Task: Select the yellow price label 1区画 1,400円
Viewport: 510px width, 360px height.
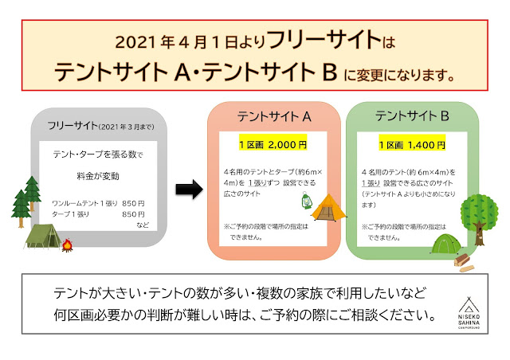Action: pyautogui.click(x=412, y=145)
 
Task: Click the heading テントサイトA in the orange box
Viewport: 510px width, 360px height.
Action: pyautogui.click(x=273, y=116)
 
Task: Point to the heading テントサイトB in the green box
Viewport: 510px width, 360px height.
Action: pyautogui.click(x=412, y=116)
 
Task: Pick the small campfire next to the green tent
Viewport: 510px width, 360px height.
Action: pyautogui.click(x=67, y=245)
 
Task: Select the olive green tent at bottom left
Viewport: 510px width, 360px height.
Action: pyautogui.click(x=42, y=234)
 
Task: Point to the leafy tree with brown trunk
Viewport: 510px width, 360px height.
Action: pyautogui.click(x=478, y=213)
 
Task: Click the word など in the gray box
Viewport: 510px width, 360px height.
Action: pyautogui.click(x=142, y=226)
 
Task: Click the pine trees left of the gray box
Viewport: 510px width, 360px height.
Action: pyautogui.click(x=27, y=198)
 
